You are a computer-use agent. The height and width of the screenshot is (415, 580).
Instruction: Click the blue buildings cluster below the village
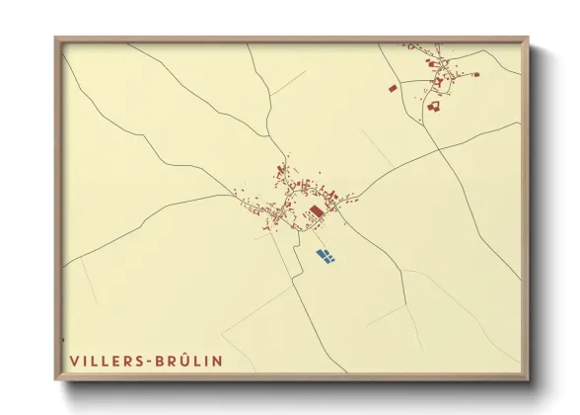tap(326, 256)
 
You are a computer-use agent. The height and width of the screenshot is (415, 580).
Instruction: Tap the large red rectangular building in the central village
tap(317, 211)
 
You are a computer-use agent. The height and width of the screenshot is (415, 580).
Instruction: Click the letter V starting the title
tap(74, 361)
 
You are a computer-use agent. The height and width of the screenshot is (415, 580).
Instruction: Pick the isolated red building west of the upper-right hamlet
tap(393, 88)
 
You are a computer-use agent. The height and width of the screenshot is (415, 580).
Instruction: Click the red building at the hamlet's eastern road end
tap(474, 74)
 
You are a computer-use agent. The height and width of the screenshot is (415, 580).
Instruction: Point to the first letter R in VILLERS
tap(126, 361)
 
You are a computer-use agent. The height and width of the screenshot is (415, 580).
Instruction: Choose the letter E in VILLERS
tap(115, 361)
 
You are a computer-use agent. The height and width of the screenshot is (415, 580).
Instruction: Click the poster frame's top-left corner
tap(56, 39)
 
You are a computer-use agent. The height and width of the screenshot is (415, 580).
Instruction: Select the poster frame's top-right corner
tap(527, 39)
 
